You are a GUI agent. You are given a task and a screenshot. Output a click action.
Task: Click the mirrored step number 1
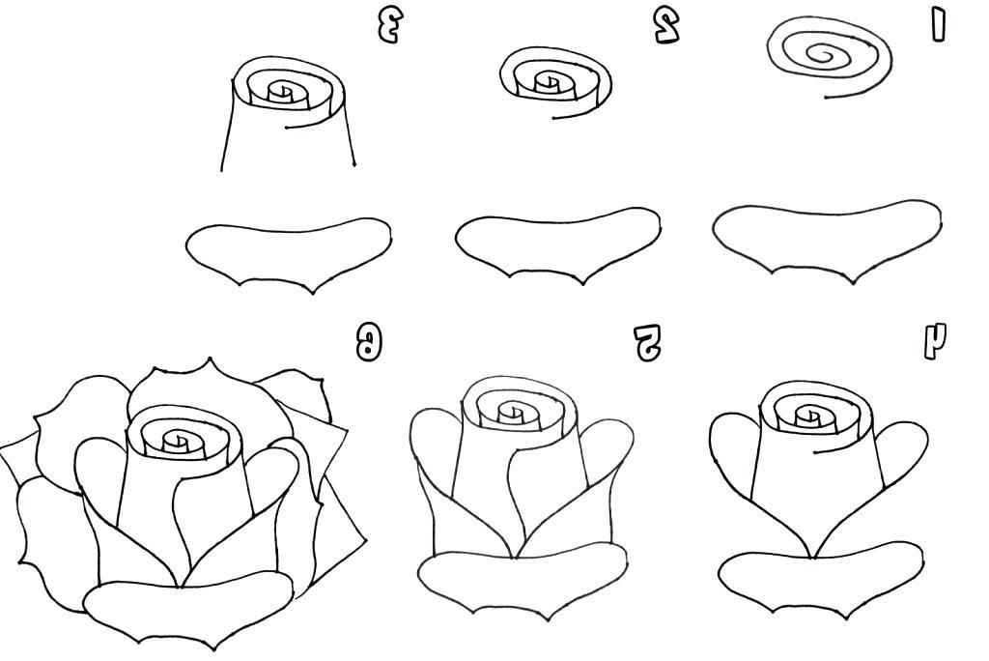click(x=938, y=25)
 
